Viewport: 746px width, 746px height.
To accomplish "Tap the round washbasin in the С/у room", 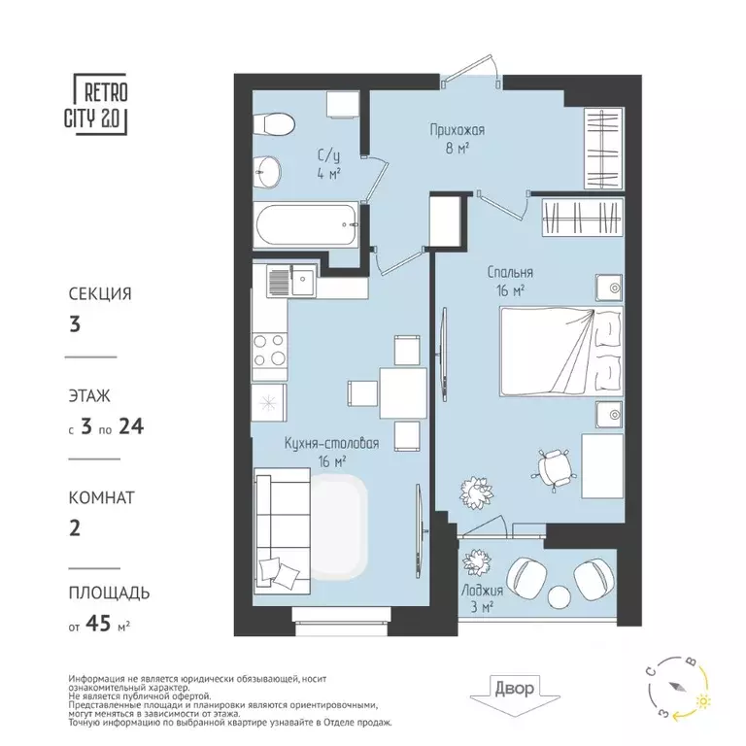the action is pos(267,172).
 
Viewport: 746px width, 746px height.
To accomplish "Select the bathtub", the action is pos(305,224).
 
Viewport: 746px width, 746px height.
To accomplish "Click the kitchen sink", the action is pos(291,281).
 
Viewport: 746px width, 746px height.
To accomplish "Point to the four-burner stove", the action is pos(269,350).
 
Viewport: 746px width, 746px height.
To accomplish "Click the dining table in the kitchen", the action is pos(403,393).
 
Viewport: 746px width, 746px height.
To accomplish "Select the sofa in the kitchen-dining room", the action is pos(283,531).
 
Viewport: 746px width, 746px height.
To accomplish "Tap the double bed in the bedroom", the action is pos(560,351).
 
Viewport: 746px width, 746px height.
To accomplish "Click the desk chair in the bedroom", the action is pos(555,467).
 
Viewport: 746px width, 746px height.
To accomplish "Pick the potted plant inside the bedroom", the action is pos(477,492).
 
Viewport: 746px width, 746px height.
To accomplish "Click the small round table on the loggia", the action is pos(559,596).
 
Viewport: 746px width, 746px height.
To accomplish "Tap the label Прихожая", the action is pos(458,130).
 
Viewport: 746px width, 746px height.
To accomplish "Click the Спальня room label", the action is pos(510,272).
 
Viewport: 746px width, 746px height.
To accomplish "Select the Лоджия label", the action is pos(482,591).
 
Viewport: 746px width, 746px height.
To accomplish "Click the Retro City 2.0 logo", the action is pos(96,104).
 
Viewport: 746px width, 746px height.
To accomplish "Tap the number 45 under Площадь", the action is pos(98,623).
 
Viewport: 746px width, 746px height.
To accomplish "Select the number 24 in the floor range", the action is pos(131,426).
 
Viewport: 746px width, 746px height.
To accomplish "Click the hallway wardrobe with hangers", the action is pos(603,148).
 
